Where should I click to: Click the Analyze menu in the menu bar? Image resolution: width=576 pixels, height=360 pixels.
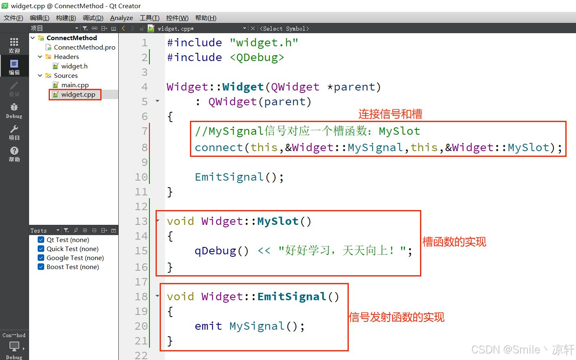click(121, 18)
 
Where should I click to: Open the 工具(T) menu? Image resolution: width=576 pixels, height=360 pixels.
click(149, 18)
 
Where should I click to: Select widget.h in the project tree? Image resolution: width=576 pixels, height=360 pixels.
click(74, 66)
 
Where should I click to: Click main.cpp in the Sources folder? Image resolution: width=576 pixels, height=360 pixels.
click(75, 85)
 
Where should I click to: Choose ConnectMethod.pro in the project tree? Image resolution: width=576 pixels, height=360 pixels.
click(84, 48)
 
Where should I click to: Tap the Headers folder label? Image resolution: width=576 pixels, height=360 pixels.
click(66, 57)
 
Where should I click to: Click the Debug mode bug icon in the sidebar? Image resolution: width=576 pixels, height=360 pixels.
click(14, 107)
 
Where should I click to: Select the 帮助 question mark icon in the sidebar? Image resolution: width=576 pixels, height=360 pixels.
click(14, 151)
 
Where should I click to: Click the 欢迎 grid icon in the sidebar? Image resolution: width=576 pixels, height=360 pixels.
click(14, 42)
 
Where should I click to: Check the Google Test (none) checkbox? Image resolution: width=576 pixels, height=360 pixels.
click(41, 258)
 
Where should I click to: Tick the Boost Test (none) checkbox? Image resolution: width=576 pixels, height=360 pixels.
click(41, 267)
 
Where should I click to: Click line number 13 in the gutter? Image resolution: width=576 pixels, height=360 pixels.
click(141, 222)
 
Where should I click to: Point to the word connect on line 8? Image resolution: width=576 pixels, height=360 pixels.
click(219, 148)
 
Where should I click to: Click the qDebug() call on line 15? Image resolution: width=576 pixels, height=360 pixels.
click(221, 251)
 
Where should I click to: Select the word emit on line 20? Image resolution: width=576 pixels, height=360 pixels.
click(208, 326)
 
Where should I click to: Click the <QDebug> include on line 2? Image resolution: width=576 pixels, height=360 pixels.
click(257, 58)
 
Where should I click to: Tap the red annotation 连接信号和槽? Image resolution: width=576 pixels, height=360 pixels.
click(390, 114)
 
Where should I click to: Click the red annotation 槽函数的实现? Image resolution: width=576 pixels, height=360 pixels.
click(454, 242)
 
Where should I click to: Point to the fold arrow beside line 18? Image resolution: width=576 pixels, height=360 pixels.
click(158, 296)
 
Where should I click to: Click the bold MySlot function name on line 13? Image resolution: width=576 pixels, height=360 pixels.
click(278, 222)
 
